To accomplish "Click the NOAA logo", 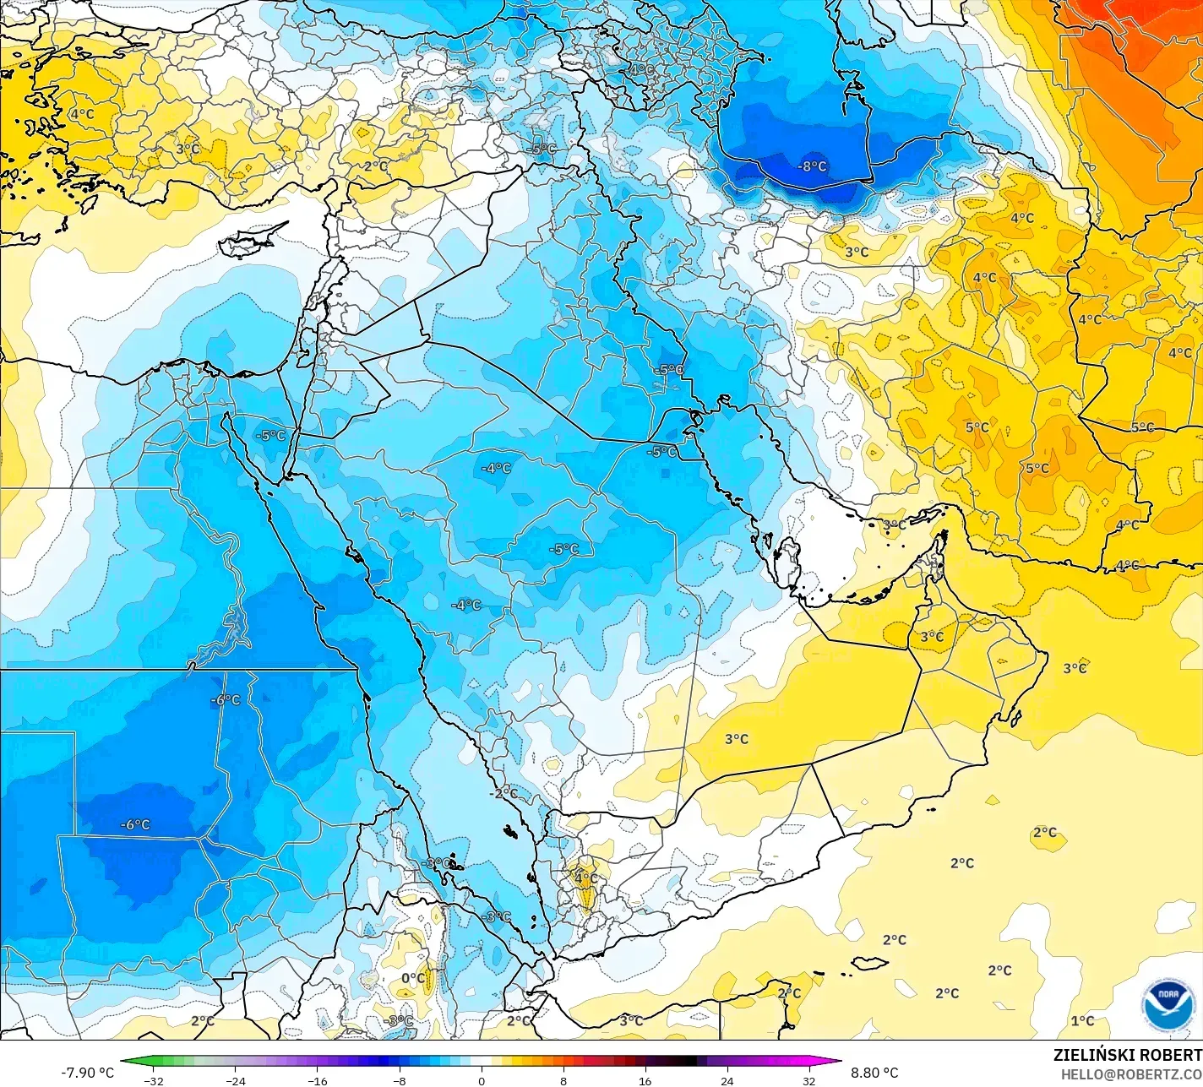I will click(1168, 1004).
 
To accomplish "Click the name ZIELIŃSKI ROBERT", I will click(1127, 1055).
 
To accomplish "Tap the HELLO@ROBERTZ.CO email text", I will click(1131, 1073).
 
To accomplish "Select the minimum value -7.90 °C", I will click(87, 1073).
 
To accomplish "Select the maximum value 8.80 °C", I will click(874, 1073).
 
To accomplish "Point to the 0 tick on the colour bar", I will click(482, 1080).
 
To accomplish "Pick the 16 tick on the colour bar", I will click(645, 1080).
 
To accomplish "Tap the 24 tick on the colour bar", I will click(727, 1080).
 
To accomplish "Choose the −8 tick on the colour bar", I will click(400, 1080).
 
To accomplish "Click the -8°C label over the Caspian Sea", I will click(813, 166).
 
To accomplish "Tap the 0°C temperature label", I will click(413, 978).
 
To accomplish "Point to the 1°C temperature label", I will click(1082, 1021).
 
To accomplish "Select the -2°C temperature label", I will click(504, 793).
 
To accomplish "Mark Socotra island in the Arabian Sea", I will click(869, 963).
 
